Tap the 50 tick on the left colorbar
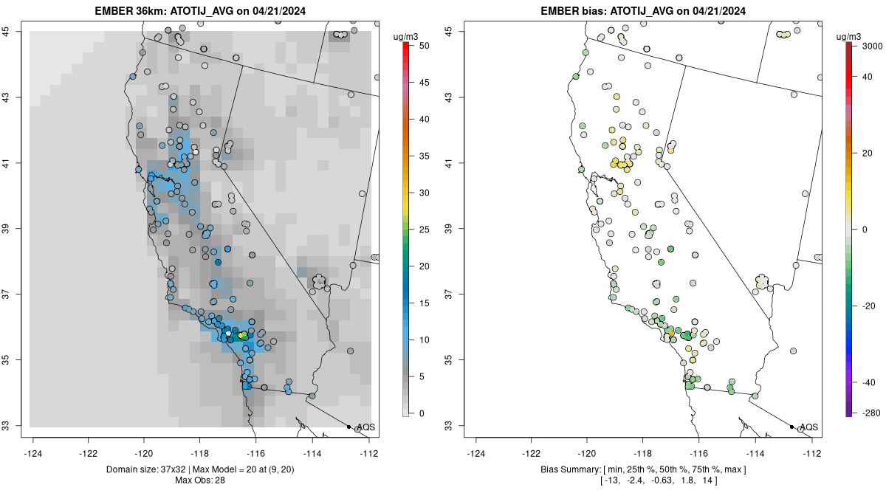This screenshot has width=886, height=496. [424, 46]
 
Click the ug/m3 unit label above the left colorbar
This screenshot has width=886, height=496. [405, 35]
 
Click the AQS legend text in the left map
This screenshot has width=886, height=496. [366, 427]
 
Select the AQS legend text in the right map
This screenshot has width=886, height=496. [809, 427]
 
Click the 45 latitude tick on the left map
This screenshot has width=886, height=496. [14, 31]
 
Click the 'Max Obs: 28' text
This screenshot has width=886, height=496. [200, 480]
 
